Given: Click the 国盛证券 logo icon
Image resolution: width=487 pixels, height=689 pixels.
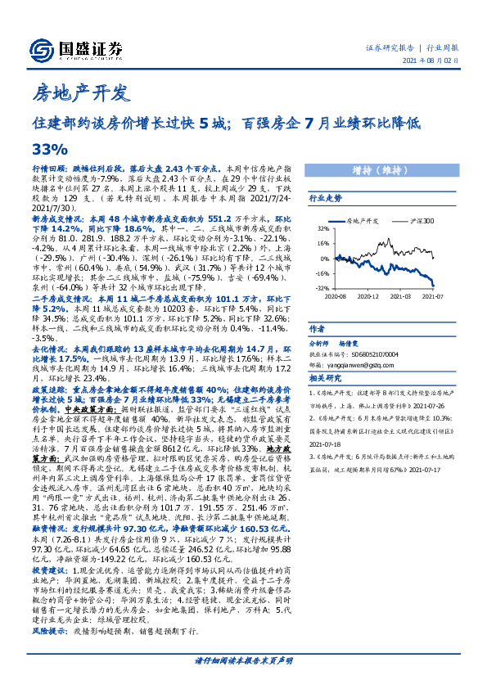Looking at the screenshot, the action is click(42, 48).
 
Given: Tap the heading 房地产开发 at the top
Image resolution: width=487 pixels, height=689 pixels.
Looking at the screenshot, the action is click(79, 92).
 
